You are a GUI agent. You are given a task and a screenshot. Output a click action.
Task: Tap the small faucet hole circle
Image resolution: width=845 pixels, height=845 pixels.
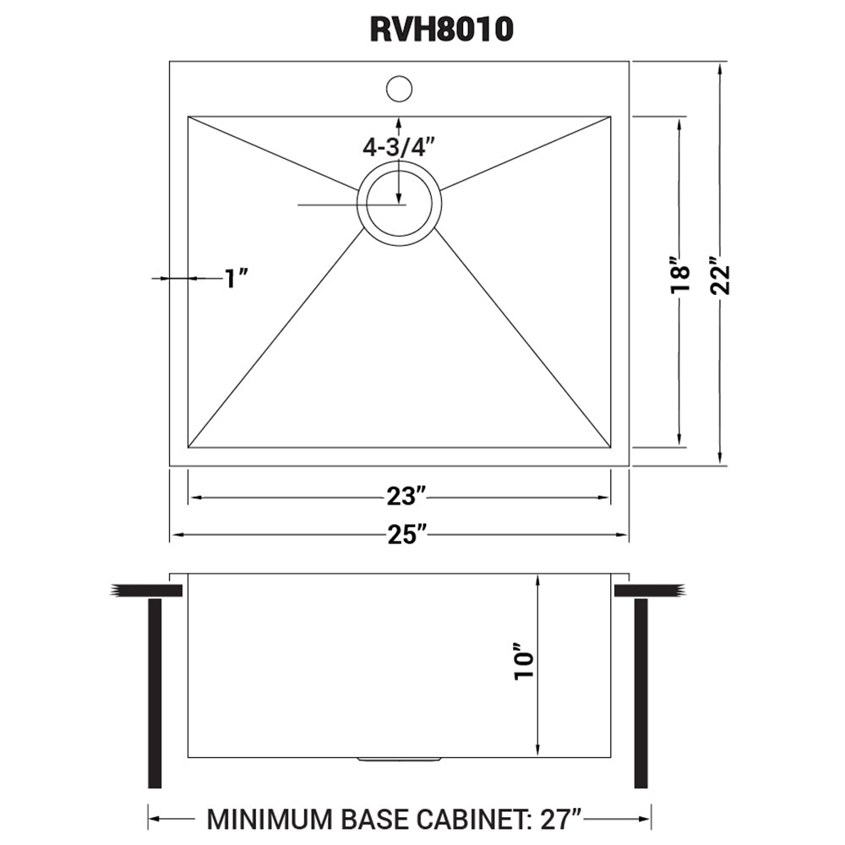tap(399, 88)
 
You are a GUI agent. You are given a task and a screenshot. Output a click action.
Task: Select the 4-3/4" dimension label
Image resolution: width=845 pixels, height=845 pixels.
tap(398, 146)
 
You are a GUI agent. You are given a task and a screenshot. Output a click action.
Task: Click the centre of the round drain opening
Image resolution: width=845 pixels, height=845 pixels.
tap(399, 204)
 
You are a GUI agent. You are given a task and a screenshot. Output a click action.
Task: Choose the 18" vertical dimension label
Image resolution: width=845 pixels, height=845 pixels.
tap(679, 277)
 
